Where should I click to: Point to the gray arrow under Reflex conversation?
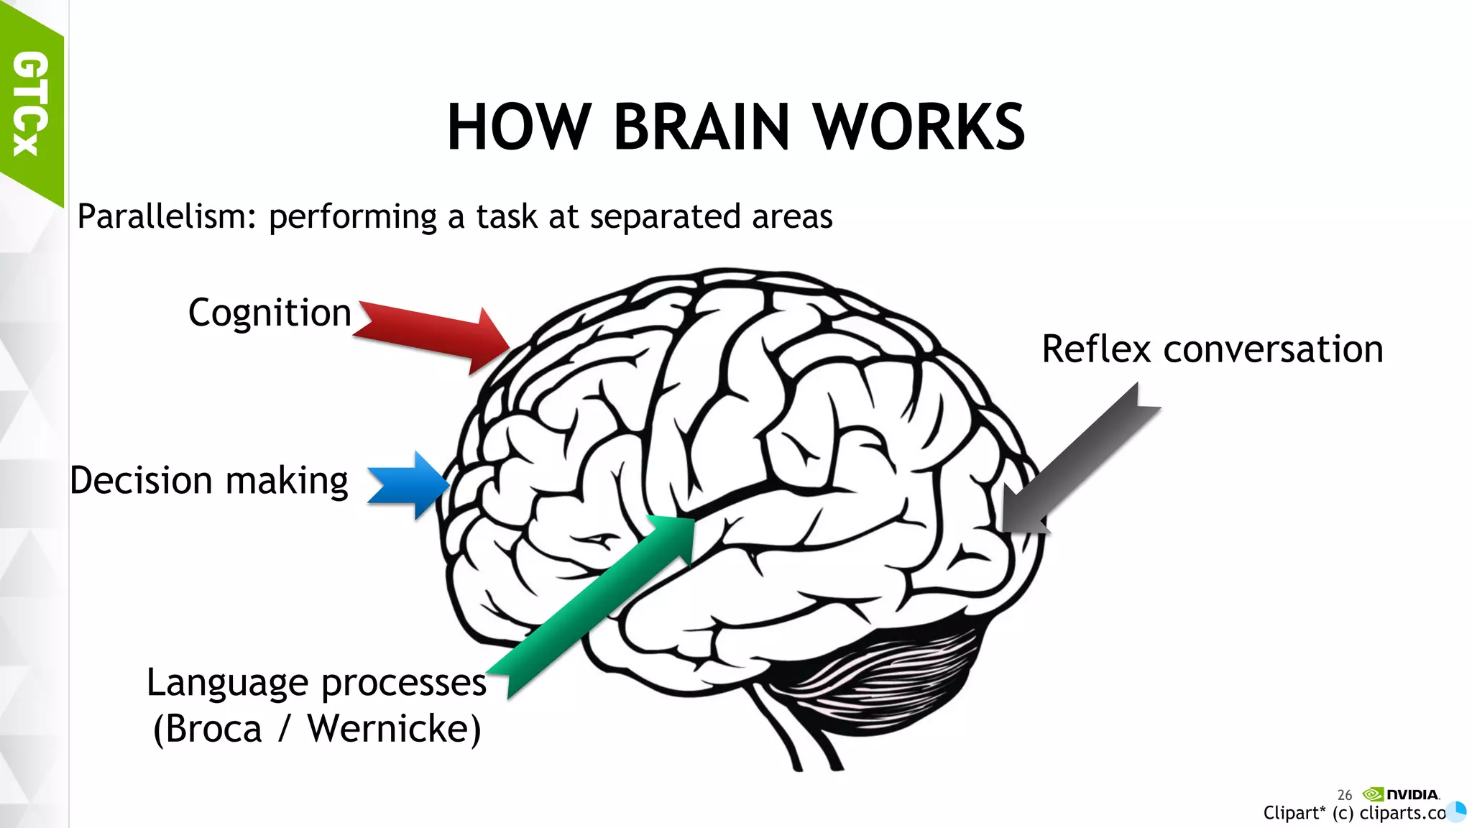pos(1078,460)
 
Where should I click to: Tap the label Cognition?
pos(270,313)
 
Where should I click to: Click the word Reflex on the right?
pos(1097,349)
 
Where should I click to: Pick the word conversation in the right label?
pos(1273,349)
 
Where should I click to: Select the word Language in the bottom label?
pos(227,684)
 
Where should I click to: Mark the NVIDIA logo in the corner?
pos(1402,794)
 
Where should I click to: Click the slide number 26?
pos(1344,795)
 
